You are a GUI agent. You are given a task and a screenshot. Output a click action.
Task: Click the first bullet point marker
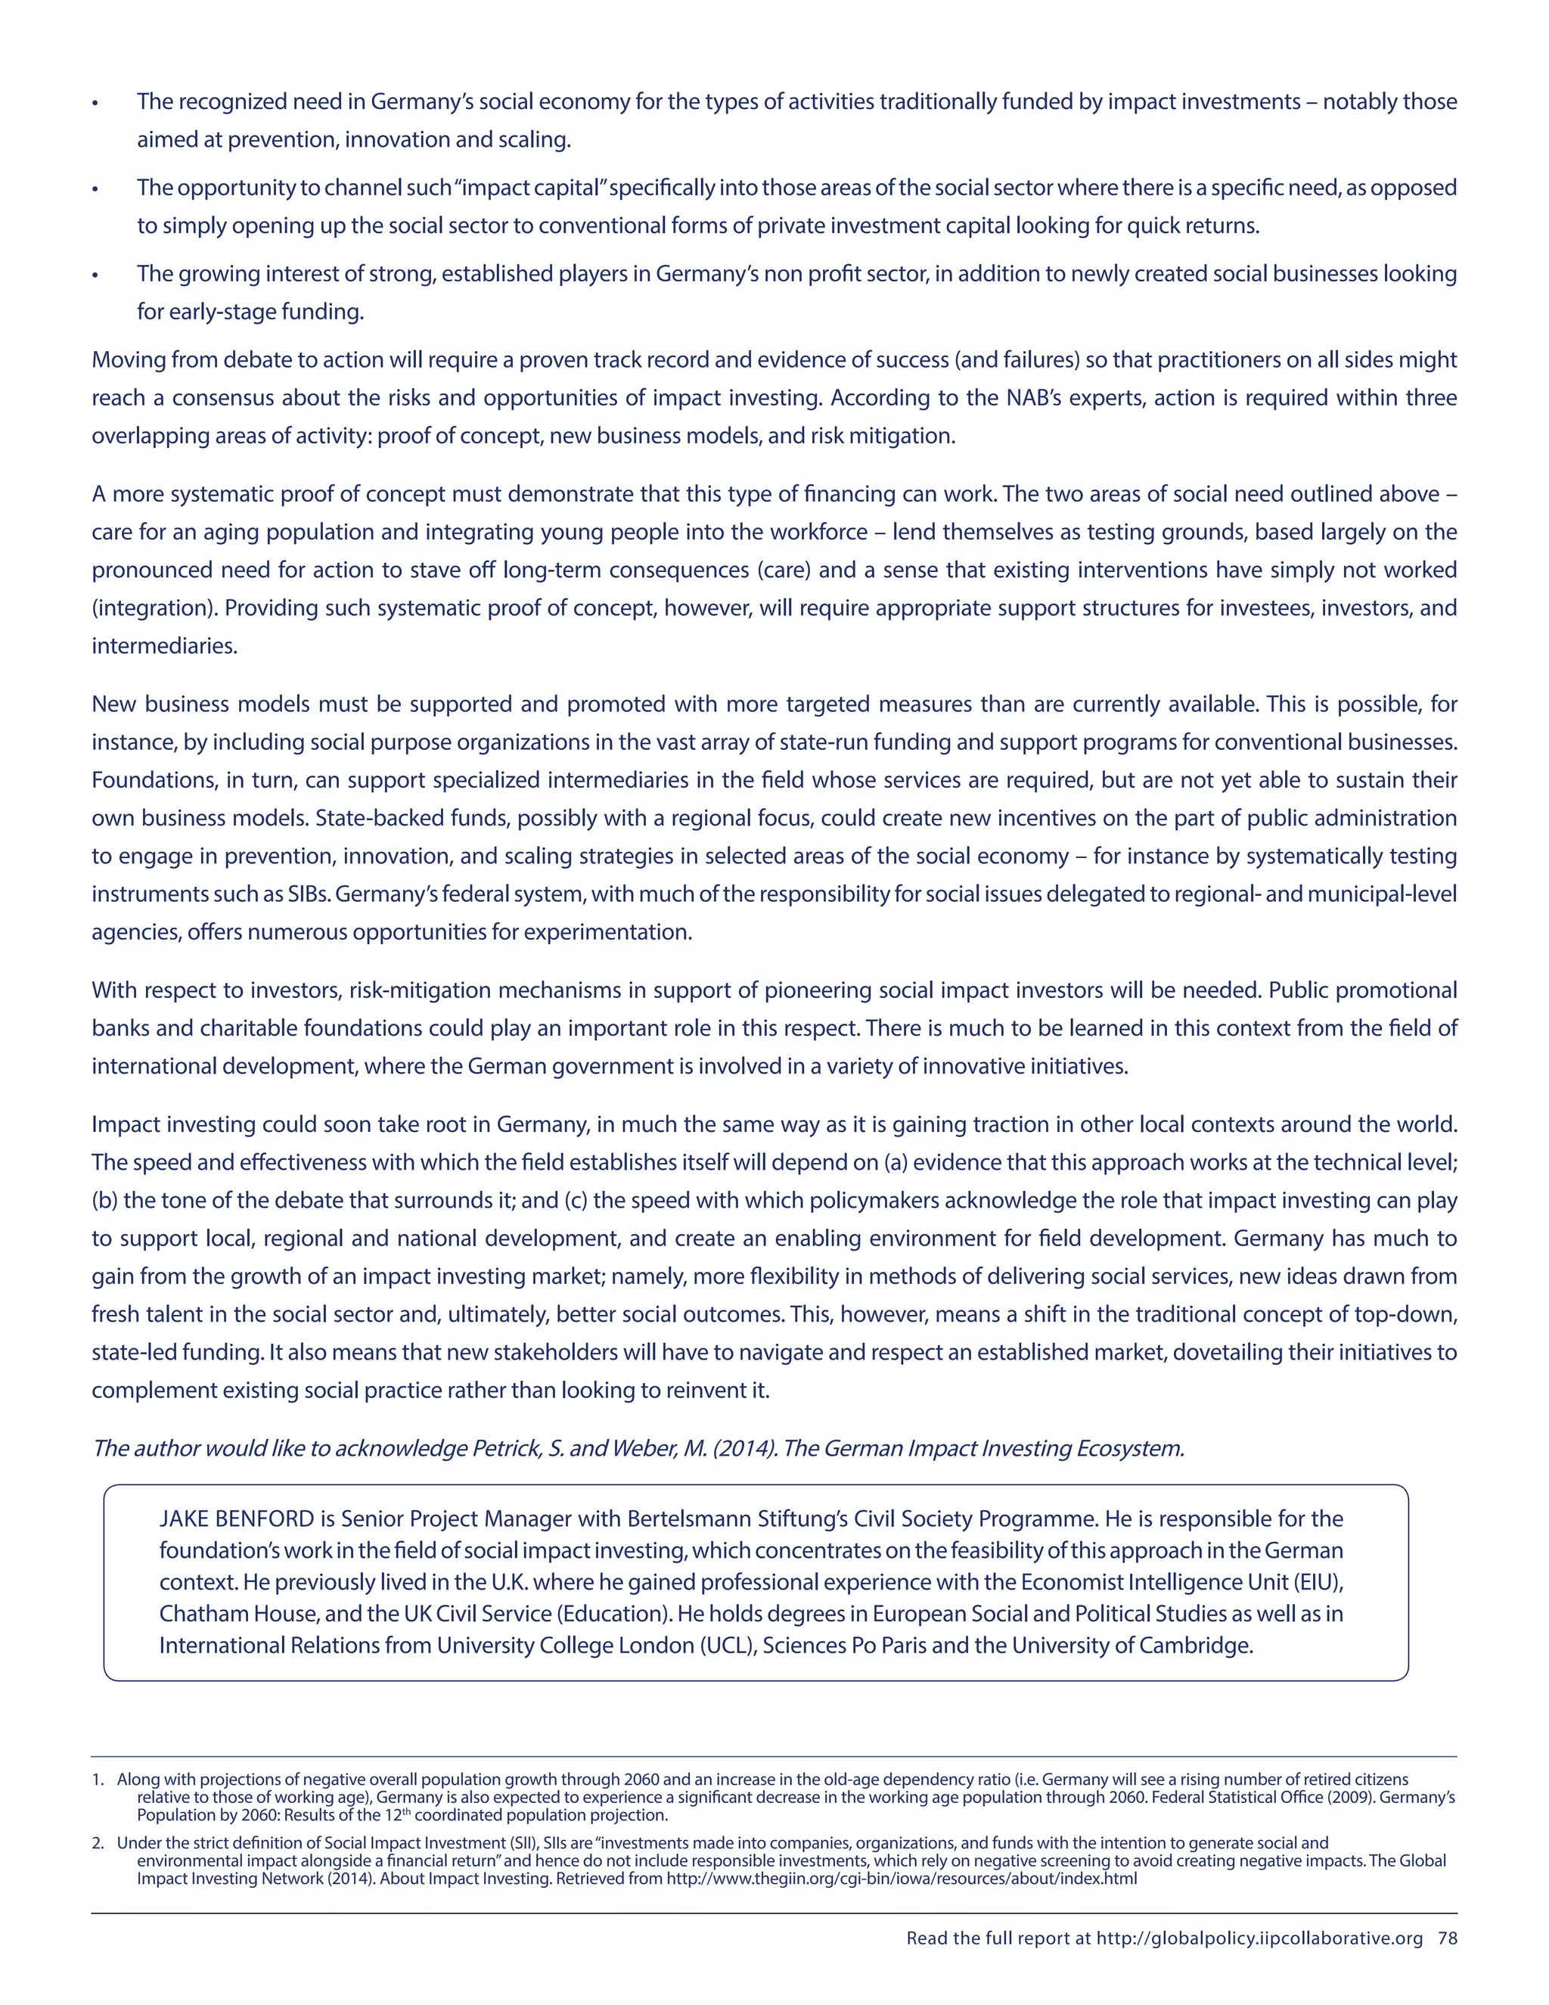pyautogui.click(x=95, y=103)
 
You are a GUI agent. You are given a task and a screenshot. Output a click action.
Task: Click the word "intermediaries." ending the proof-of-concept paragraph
pyautogui.click(x=164, y=646)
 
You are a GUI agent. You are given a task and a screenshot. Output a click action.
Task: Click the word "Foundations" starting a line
pyautogui.click(x=147, y=780)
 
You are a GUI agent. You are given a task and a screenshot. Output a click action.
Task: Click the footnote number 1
pyautogui.click(x=98, y=1780)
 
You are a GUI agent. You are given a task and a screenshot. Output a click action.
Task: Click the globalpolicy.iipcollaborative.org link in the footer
pyautogui.click(x=1259, y=1938)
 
